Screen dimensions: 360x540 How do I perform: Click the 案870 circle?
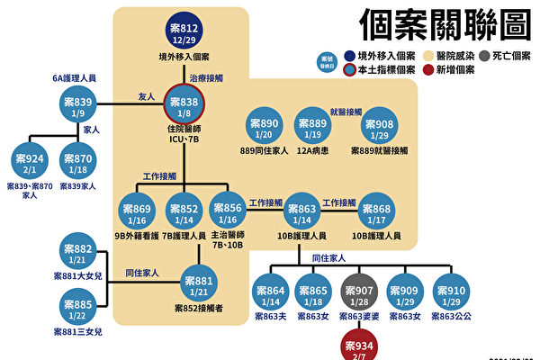coord(77,162)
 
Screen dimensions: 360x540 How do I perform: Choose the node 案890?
coord(270,129)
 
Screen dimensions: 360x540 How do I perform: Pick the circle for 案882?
coord(77,254)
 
